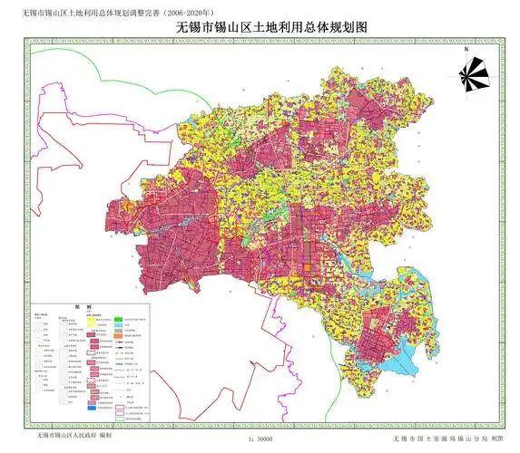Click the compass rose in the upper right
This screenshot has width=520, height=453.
click(474, 73)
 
